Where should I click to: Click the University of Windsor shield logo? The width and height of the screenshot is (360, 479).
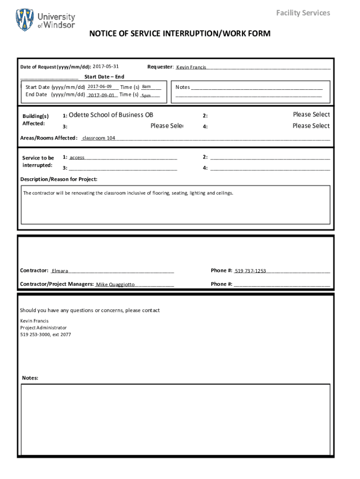click(25, 20)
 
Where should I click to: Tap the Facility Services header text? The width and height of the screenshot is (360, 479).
click(303, 13)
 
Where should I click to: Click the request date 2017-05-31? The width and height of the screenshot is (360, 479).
click(106, 66)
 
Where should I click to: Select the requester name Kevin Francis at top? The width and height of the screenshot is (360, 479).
click(191, 67)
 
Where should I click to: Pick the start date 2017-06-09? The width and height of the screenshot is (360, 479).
click(99, 87)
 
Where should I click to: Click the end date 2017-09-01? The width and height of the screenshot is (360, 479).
click(101, 95)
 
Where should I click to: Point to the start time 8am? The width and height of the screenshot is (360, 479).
click(146, 87)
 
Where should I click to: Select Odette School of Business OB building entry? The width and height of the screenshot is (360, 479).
click(111, 115)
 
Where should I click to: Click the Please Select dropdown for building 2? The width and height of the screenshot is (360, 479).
click(311, 115)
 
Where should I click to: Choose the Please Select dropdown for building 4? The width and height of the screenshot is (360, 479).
click(311, 126)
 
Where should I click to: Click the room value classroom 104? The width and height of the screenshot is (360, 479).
click(99, 138)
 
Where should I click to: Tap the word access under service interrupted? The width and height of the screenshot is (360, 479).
click(77, 158)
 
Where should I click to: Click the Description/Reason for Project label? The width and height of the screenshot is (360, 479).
click(59, 179)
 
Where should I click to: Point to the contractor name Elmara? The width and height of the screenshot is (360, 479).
click(60, 271)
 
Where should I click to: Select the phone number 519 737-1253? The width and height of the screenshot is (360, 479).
click(250, 271)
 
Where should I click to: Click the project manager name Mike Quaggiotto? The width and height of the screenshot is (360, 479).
click(115, 284)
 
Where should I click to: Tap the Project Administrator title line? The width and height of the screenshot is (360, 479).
click(43, 328)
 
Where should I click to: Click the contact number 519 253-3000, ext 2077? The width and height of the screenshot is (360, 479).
click(45, 335)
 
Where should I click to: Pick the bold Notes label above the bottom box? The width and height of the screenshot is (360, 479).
click(30, 378)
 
